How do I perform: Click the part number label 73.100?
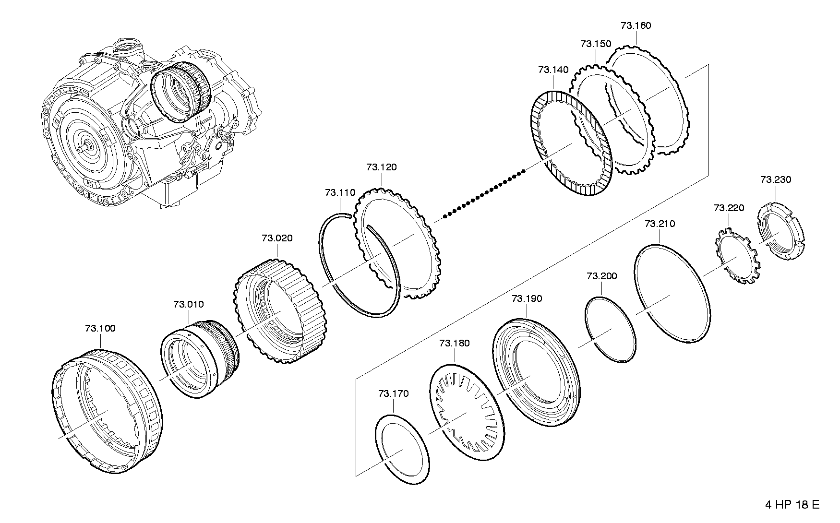point(100,329)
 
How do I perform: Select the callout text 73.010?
point(189,304)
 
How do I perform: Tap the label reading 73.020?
point(277,238)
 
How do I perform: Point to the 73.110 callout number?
point(340,193)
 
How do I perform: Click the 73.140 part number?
point(553,70)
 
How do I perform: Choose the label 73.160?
point(636,25)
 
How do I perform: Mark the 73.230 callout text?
point(776,179)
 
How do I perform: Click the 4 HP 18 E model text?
point(792,505)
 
